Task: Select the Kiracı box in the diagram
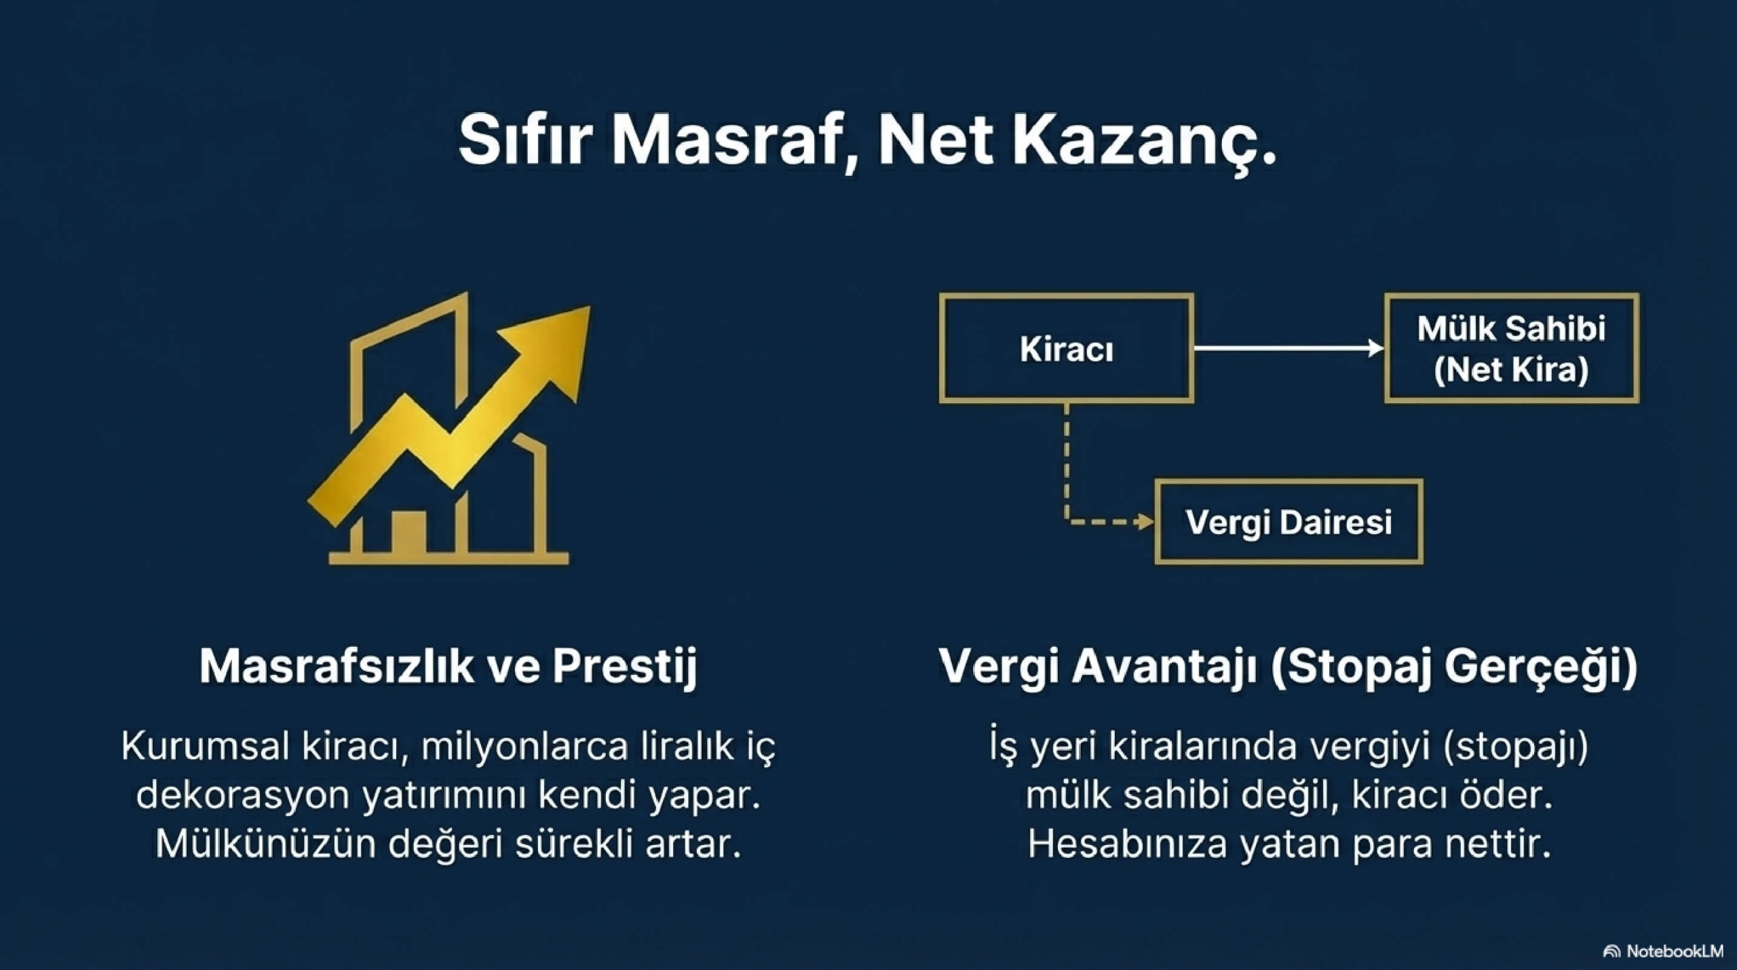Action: (1066, 348)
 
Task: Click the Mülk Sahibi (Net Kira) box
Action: (1511, 348)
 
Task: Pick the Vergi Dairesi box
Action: (1289, 522)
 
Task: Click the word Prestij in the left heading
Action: (624, 666)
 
